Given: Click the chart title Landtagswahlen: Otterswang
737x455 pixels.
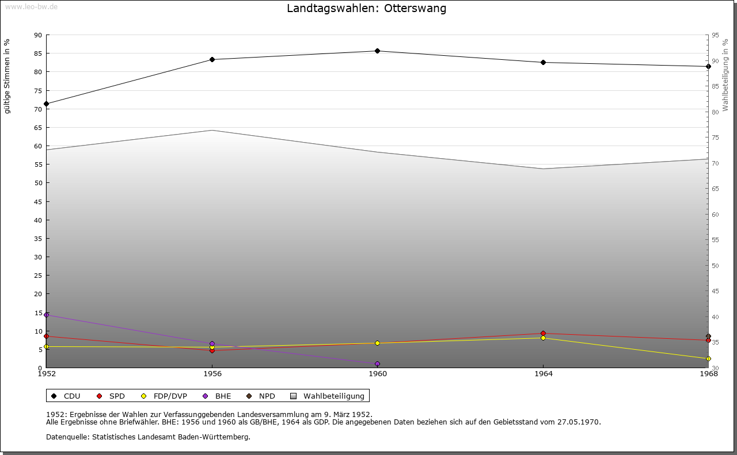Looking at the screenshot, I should click(366, 9).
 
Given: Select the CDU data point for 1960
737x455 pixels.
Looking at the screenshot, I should click(378, 51).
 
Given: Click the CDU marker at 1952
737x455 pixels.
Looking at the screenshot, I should click(47, 104).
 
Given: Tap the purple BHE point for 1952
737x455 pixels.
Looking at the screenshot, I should click(47, 315).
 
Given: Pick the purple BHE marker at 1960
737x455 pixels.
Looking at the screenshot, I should click(378, 364).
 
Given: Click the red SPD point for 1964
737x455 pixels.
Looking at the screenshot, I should click(543, 334).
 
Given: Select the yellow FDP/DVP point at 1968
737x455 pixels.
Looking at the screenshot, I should click(708, 359).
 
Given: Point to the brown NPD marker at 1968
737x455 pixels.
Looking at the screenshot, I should click(708, 337).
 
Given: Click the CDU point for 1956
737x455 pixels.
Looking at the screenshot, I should click(212, 60).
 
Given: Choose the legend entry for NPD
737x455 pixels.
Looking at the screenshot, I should click(261, 396).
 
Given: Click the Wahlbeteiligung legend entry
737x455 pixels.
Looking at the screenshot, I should click(328, 396).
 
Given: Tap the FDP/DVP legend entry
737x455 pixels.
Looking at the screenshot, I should click(165, 396).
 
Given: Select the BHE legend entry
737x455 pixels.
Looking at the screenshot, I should click(218, 396).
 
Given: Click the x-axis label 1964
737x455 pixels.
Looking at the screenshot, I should click(543, 374).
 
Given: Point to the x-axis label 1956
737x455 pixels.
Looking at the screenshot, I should click(212, 374).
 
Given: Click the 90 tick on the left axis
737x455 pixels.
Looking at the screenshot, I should click(38, 35).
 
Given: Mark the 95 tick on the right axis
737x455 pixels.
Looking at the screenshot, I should click(715, 35).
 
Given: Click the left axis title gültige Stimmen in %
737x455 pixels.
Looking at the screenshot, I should click(7, 76).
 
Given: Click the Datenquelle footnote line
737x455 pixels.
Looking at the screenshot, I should click(148, 437).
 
